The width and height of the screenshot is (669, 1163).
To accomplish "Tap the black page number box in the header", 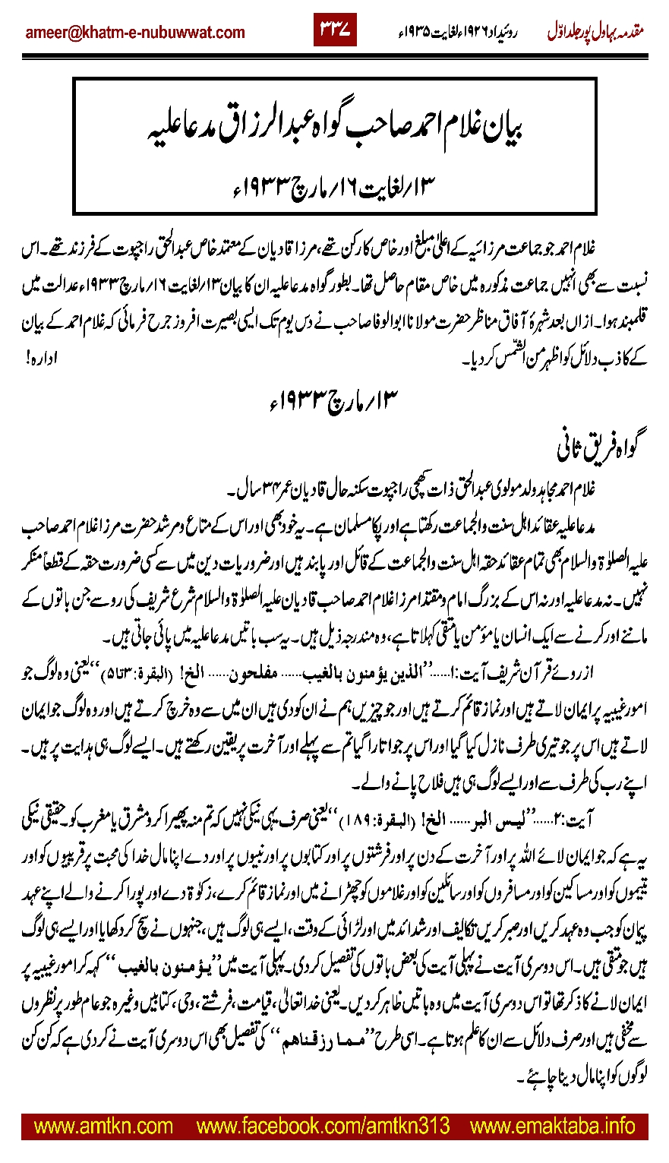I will pos(335,32).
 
